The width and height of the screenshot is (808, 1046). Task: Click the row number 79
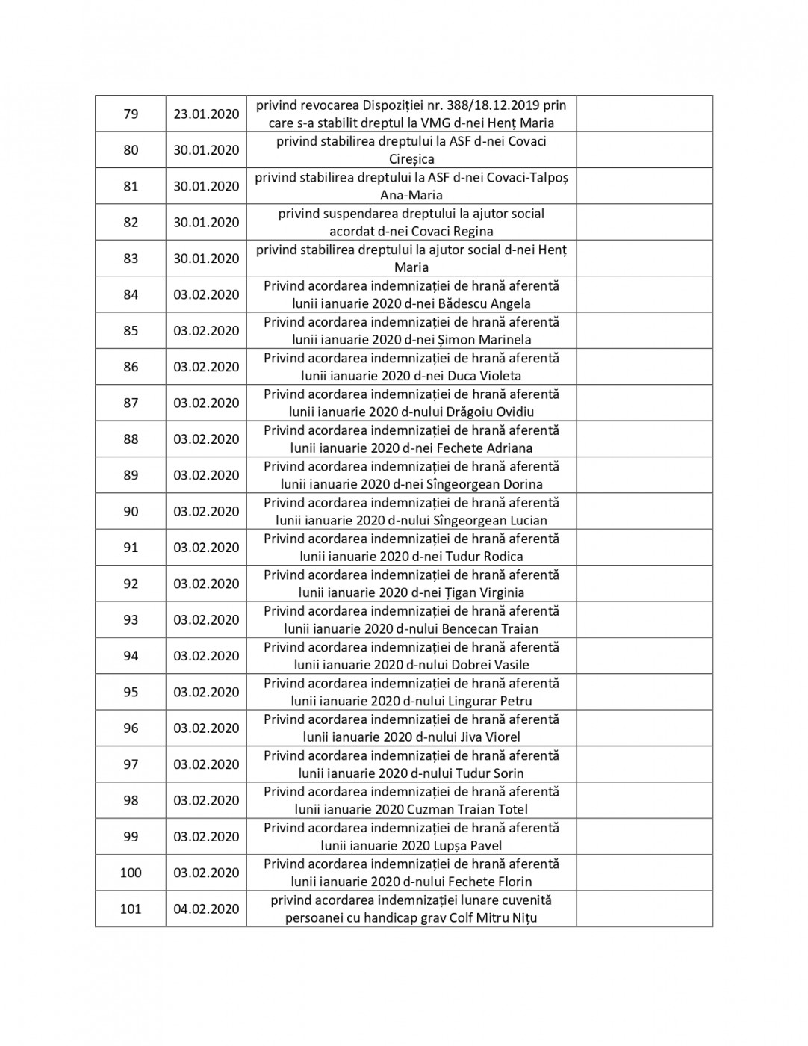point(131,114)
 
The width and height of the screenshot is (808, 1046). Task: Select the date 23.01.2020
point(206,114)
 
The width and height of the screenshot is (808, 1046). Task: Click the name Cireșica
point(411,159)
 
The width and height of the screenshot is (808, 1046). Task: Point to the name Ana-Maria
point(411,195)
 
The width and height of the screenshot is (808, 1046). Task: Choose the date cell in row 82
point(206,222)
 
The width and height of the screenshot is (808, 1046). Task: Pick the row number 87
point(131,403)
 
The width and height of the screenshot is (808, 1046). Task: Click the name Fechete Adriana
point(489,448)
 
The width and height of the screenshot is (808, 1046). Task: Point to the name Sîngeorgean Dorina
point(495,484)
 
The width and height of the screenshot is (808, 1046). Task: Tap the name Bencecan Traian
point(490,629)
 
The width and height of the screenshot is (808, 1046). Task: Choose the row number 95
point(131,692)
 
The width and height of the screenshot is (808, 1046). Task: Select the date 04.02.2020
point(206,909)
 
